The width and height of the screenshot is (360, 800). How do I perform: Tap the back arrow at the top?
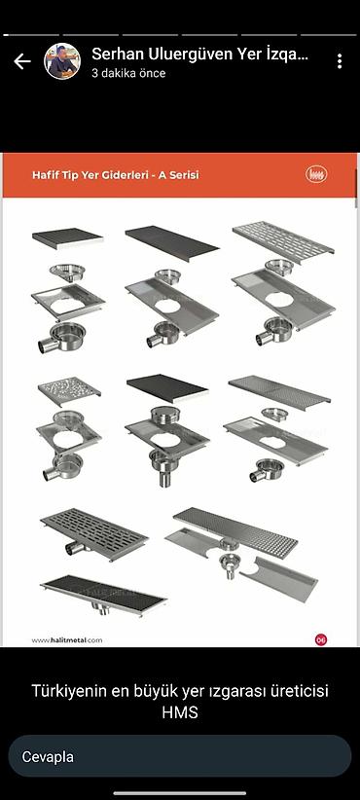tap(22, 61)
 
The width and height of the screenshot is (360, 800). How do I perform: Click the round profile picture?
tap(62, 61)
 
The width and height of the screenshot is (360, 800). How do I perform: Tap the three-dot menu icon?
tap(340, 61)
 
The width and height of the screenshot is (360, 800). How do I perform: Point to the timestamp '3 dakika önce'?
tap(128, 73)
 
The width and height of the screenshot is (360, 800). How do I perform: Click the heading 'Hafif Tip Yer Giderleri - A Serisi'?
tap(115, 175)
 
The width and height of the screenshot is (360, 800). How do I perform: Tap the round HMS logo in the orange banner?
tap(316, 174)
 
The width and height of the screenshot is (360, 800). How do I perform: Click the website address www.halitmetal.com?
tap(67, 639)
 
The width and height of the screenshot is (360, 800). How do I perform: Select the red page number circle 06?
tap(321, 639)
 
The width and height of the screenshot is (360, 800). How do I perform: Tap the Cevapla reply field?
tap(179, 756)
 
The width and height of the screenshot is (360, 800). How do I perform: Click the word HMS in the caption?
tap(179, 712)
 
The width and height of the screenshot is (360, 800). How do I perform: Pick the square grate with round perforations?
tap(69, 391)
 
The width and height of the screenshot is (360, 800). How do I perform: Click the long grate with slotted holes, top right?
tap(283, 239)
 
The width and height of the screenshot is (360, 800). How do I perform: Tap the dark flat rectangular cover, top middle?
tap(172, 243)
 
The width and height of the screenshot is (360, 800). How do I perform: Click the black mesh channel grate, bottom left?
tap(103, 594)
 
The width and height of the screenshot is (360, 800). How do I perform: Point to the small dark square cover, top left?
tap(68, 238)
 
